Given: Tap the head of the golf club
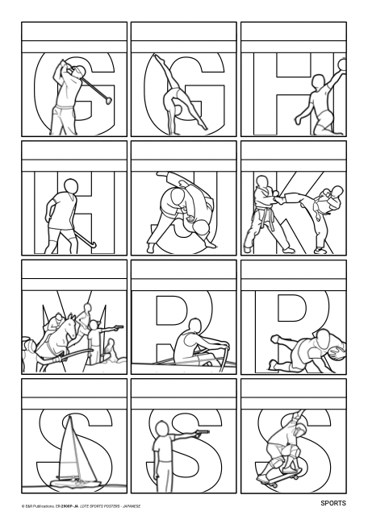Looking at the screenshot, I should [x=105, y=98].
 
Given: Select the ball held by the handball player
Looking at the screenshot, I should [x=342, y=63].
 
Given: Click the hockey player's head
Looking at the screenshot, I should [x=71, y=188].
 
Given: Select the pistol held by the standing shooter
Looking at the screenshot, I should [x=202, y=432].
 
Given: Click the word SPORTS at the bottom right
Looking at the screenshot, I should [x=332, y=504].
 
